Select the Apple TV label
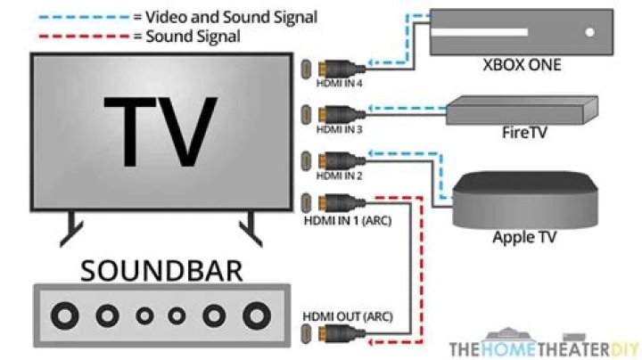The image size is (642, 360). (x=524, y=238)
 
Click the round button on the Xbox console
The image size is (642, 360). (x=588, y=33)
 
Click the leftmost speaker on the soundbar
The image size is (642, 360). (x=64, y=315)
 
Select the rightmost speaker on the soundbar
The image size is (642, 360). (x=257, y=315)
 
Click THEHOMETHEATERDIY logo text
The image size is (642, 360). (x=544, y=348)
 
